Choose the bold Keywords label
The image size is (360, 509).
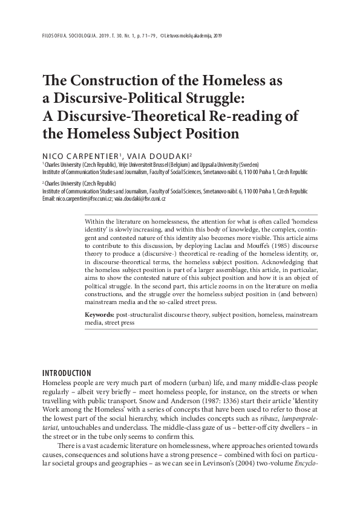click(100, 316)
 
